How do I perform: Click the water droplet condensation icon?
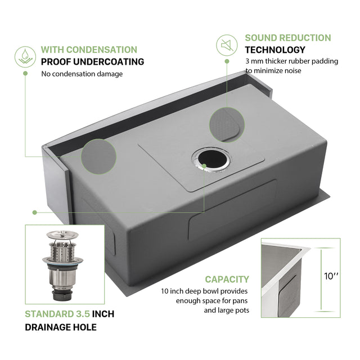click(25, 57)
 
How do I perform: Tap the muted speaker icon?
click(227, 45)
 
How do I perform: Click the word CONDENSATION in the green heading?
click(101, 49)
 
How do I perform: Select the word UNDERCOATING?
click(109, 62)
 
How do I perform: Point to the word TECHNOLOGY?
click(275, 50)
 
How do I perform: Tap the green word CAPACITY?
click(227, 280)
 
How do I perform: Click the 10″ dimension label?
click(331, 276)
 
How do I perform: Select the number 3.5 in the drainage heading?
click(83, 314)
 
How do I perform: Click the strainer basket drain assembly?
click(62, 265)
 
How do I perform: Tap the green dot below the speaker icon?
click(227, 61)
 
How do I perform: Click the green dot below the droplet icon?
click(25, 73)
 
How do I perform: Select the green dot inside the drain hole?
click(204, 166)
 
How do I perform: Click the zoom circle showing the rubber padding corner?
click(227, 125)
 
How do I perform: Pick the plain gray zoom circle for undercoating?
click(99, 156)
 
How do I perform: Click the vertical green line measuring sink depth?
click(321, 280)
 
